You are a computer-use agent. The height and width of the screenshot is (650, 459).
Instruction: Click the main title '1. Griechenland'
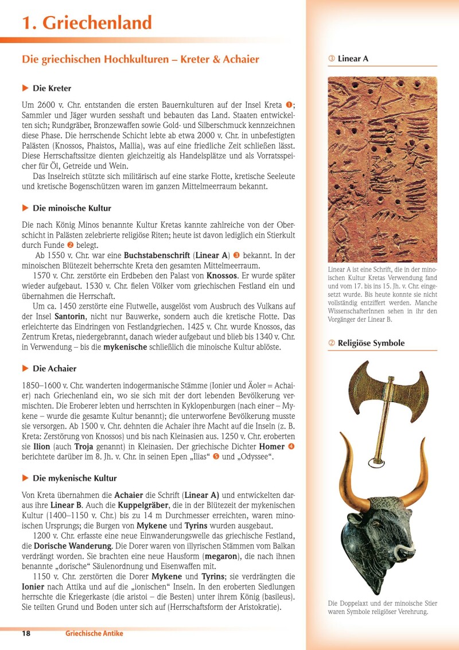87,23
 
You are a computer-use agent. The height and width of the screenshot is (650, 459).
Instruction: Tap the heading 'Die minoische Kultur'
72,208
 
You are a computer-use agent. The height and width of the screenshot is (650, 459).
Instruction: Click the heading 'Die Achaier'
55,368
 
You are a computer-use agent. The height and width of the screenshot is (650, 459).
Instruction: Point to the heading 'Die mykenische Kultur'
75,478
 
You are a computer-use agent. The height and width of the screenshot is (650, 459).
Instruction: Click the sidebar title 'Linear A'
353,59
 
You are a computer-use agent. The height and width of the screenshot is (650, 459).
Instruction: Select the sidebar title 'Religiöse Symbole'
371,343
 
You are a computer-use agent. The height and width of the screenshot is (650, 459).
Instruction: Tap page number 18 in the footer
26,633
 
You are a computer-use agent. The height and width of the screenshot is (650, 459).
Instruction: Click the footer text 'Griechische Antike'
94,633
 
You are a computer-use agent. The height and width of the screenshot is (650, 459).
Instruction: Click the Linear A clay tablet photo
382,169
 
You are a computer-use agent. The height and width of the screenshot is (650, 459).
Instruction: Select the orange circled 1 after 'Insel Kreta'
289,105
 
